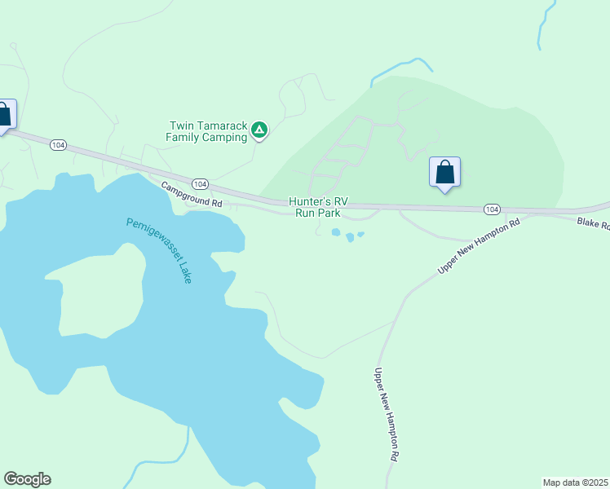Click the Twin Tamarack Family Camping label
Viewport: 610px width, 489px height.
pos(207,131)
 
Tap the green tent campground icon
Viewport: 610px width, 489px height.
pos(259,129)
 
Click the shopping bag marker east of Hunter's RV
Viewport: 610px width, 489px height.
pos(444,173)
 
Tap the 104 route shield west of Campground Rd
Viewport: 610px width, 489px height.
pos(57,144)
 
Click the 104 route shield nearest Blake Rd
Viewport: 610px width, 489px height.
pos(491,209)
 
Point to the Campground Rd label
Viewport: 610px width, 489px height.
pos(192,194)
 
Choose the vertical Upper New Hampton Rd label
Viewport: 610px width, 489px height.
pos(385,415)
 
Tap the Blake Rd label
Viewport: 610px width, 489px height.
pos(593,222)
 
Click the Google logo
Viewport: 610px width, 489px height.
pos(27,479)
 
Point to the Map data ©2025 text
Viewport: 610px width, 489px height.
pos(575,482)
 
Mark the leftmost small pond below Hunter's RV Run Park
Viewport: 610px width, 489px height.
pos(336,232)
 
